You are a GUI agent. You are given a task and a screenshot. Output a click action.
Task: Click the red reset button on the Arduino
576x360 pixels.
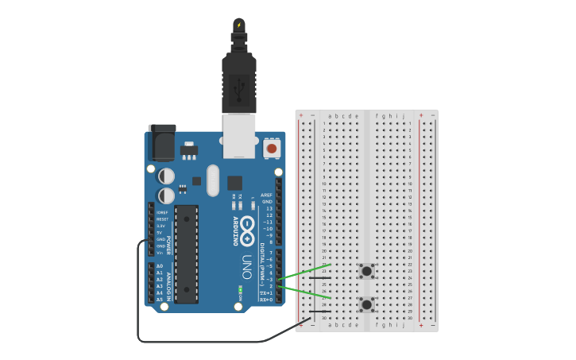pos(272,148)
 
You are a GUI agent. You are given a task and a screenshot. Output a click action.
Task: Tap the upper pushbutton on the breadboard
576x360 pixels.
pos(366,271)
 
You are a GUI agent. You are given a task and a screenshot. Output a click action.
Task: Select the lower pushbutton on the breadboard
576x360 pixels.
pos(366,304)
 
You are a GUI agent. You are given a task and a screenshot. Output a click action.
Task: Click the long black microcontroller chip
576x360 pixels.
pos(186,254)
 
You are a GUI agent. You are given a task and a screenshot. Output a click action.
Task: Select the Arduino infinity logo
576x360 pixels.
pos(248,230)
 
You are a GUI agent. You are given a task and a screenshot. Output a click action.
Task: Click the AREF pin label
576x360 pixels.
pos(267,195)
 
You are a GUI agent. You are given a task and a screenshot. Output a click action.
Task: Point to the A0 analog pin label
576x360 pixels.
pos(160,266)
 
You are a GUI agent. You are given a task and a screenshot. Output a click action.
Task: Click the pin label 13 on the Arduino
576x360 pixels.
pos(269,209)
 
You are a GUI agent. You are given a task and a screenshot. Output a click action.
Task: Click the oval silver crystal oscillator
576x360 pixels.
pos(212,180)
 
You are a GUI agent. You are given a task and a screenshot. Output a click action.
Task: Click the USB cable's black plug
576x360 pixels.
pos(238,79)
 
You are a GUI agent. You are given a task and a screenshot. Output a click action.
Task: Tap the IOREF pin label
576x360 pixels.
pos(162,212)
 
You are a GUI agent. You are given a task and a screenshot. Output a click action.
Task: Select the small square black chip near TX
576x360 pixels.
pos(234,182)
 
